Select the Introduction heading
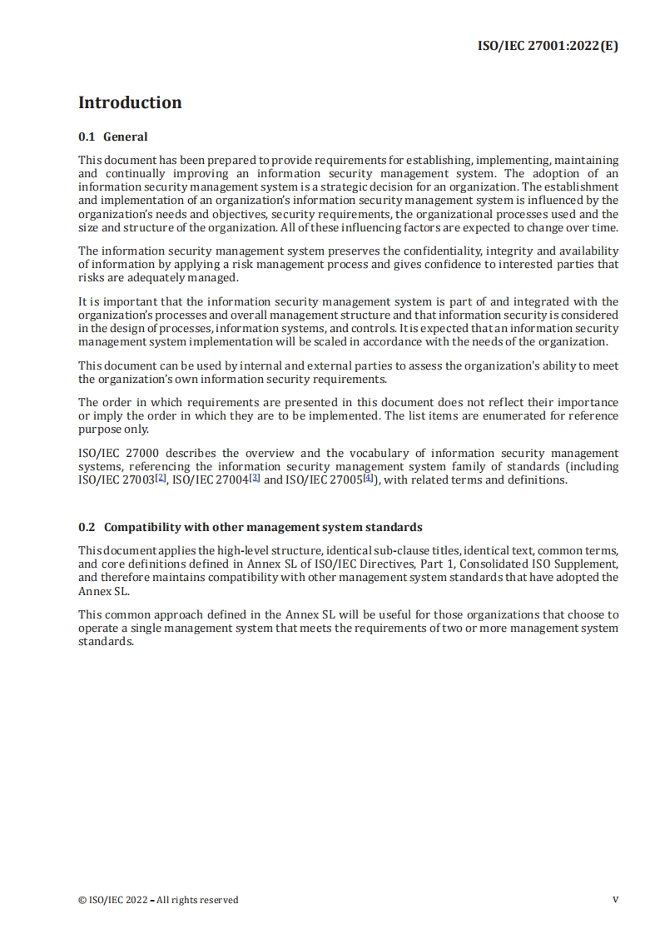130,102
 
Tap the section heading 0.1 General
113,137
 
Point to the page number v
615,899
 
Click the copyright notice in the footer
158,900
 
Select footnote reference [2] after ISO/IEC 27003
161,479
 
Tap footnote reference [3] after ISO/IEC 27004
255,479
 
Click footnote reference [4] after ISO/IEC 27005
369,479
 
